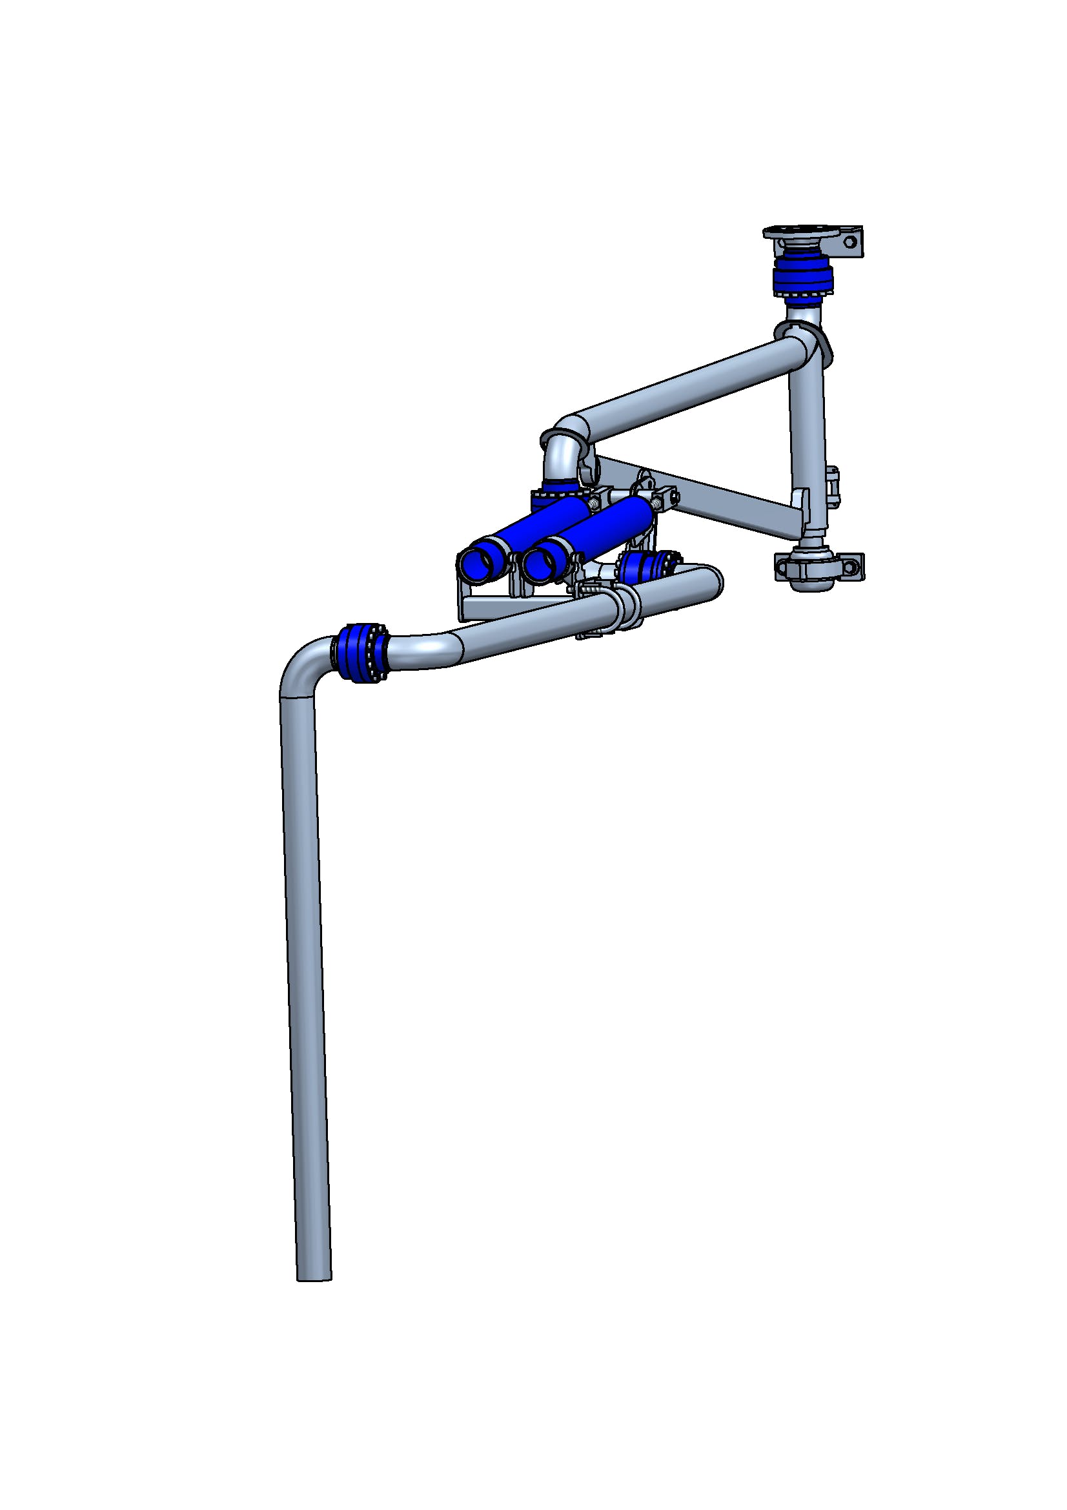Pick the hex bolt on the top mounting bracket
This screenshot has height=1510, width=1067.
849,242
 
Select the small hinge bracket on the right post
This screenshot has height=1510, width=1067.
833,486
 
